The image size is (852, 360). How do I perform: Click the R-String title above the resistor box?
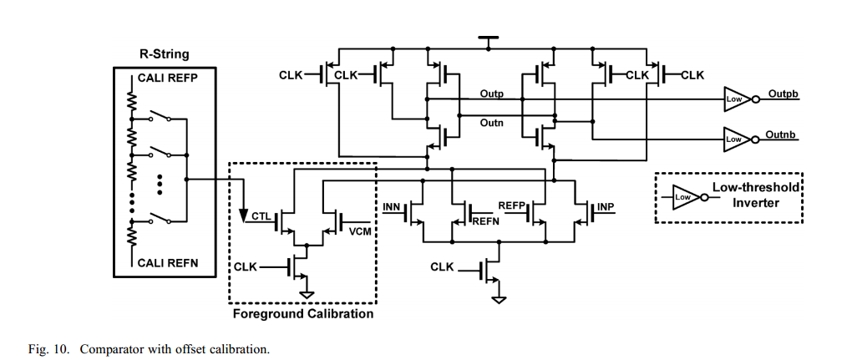164,54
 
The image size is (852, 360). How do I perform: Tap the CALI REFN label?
167,263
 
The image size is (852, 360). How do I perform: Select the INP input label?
606,206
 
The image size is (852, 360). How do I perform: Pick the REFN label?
485,222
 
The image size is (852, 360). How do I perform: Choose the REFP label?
511,205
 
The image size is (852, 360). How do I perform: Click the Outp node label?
491,93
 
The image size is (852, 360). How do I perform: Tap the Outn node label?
491,123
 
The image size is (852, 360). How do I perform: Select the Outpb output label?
783,94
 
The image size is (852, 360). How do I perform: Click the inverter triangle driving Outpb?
736,99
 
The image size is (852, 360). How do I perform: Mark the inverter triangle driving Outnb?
736,137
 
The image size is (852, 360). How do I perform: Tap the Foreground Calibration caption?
302,314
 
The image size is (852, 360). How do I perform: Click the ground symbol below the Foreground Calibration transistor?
307,293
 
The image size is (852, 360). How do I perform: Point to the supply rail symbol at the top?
487,38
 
